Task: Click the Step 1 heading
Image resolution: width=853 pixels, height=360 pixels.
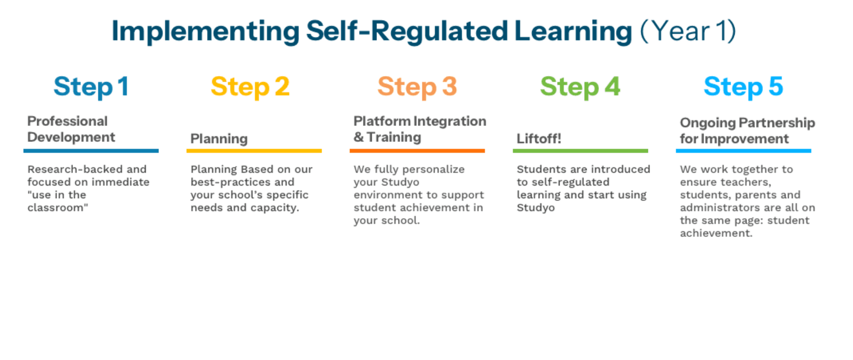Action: click(91, 87)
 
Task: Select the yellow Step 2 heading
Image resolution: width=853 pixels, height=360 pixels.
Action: click(250, 87)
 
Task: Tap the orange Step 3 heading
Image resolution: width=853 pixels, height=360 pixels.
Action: click(417, 87)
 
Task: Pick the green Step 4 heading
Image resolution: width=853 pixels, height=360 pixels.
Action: click(580, 87)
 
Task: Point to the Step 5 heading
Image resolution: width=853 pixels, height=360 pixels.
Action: click(743, 87)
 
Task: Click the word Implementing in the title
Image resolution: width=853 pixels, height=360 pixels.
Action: click(206, 32)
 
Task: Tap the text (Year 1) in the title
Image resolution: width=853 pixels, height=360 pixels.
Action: click(688, 31)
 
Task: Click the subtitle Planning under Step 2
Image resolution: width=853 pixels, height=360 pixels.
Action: click(219, 139)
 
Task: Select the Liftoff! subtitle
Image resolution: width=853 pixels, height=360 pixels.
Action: click(539, 139)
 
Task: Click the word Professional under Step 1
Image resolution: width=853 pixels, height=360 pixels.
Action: click(67, 121)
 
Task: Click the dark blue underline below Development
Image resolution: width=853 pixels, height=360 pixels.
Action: click(91, 151)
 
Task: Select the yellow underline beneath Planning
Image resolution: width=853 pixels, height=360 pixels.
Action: click(254, 151)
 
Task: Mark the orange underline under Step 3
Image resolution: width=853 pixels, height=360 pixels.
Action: click(417, 151)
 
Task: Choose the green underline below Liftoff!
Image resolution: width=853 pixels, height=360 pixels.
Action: click(580, 151)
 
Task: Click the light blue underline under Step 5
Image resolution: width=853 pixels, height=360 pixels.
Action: click(743, 151)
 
